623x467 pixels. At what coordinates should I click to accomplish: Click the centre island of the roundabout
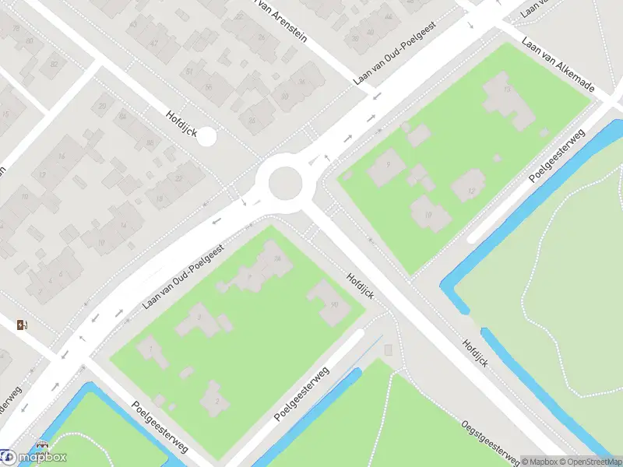pyautogui.click(x=285, y=183)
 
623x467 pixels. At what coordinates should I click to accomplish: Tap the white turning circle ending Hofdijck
pyautogui.click(x=206, y=136)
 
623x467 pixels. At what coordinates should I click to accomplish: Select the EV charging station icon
pyautogui.click(x=22, y=325)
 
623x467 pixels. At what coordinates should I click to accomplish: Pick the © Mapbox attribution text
pyautogui.click(x=540, y=462)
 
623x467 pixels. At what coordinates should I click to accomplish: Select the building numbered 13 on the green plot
pyautogui.click(x=508, y=101)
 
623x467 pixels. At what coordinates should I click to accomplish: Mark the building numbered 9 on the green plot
pyautogui.click(x=387, y=167)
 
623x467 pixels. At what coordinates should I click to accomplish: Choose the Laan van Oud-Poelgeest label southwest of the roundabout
pyautogui.click(x=184, y=276)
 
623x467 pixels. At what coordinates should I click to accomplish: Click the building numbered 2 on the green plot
pyautogui.click(x=216, y=399)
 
